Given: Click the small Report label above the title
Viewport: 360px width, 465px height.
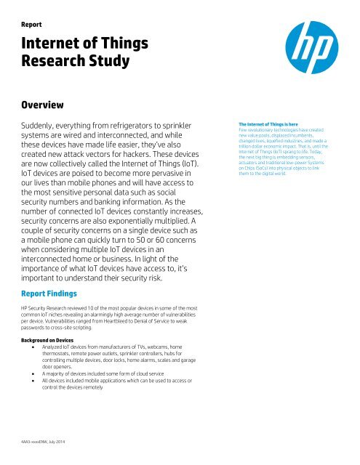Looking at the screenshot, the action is [36, 23].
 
